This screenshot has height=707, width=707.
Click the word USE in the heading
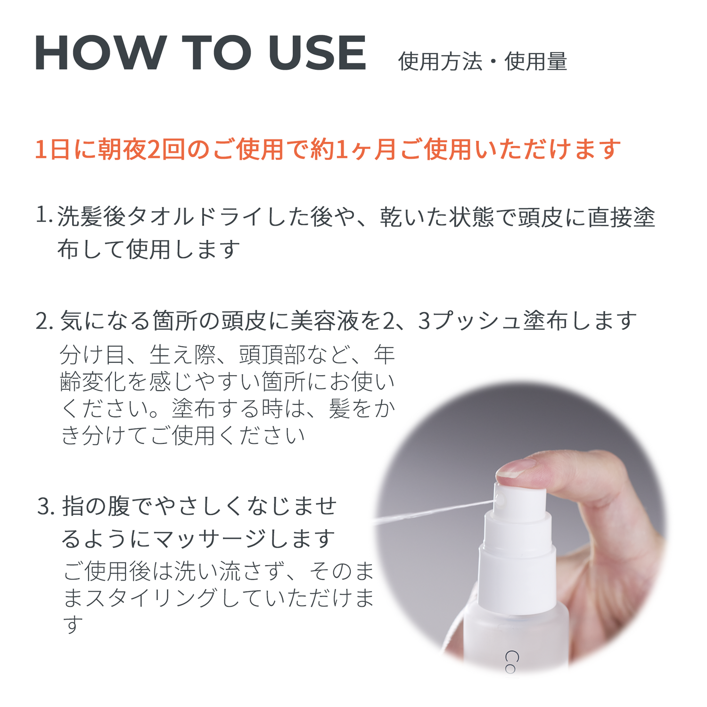pos(317,53)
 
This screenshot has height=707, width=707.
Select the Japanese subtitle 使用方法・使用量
pos(482,62)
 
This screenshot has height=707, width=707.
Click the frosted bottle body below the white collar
pos(516,641)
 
